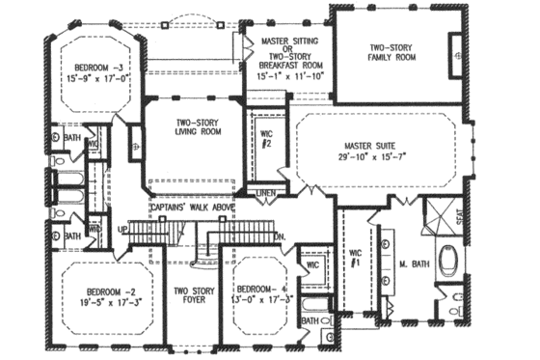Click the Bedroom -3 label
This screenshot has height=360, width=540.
click(x=94, y=68)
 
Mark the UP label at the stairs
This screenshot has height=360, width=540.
click(x=122, y=230)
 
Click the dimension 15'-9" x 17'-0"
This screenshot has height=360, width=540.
click(x=94, y=81)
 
